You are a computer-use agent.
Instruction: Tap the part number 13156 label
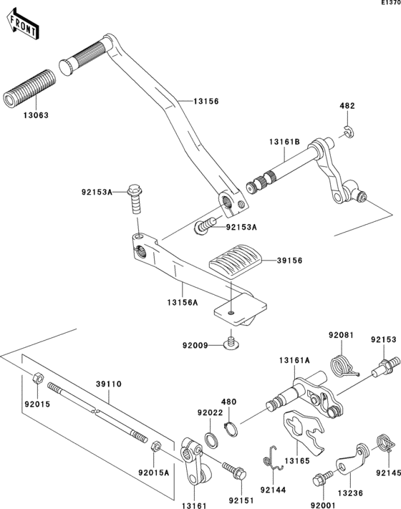[x=205, y=102]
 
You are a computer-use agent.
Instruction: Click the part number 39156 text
[x=291, y=262]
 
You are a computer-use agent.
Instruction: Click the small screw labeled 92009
[x=231, y=344]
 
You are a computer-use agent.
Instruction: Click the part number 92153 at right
[x=383, y=339]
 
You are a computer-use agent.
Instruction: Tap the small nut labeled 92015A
[x=155, y=447]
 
